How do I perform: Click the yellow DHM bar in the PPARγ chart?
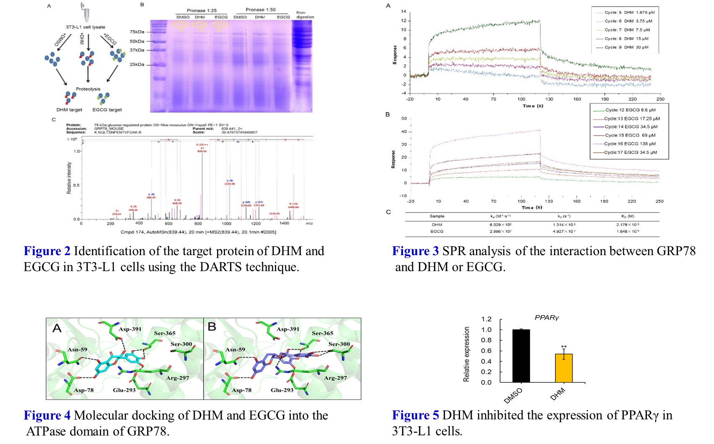coord(563,368)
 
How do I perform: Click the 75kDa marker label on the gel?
coord(137,32)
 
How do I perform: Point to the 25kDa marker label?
coord(137,65)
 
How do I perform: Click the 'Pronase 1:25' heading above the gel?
coord(202,10)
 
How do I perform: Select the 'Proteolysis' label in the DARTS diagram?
coord(88,89)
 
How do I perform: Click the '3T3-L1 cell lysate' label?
coord(85,27)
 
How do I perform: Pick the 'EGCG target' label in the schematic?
coord(107,110)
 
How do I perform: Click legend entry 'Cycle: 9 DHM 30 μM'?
coord(626,47)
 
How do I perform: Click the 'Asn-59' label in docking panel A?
coord(77,350)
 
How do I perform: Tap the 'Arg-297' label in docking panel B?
coord(335,378)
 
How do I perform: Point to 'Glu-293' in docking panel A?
coord(124,390)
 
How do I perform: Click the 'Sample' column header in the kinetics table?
coord(437,216)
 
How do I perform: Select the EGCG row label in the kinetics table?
coord(437,231)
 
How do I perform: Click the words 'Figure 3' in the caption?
coord(415,251)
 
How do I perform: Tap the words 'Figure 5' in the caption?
coord(415,415)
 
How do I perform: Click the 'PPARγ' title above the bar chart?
coord(547,318)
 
